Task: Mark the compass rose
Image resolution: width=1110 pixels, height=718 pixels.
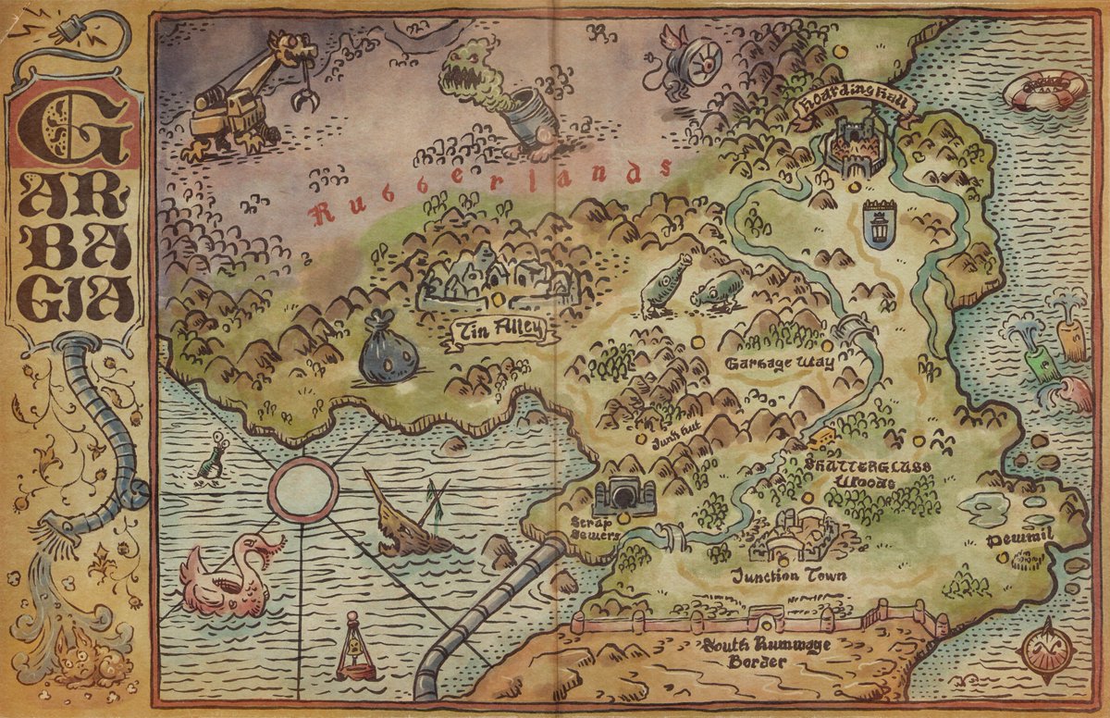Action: click(x=1047, y=650)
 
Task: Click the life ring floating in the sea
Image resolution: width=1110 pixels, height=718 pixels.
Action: click(x=1045, y=90)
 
